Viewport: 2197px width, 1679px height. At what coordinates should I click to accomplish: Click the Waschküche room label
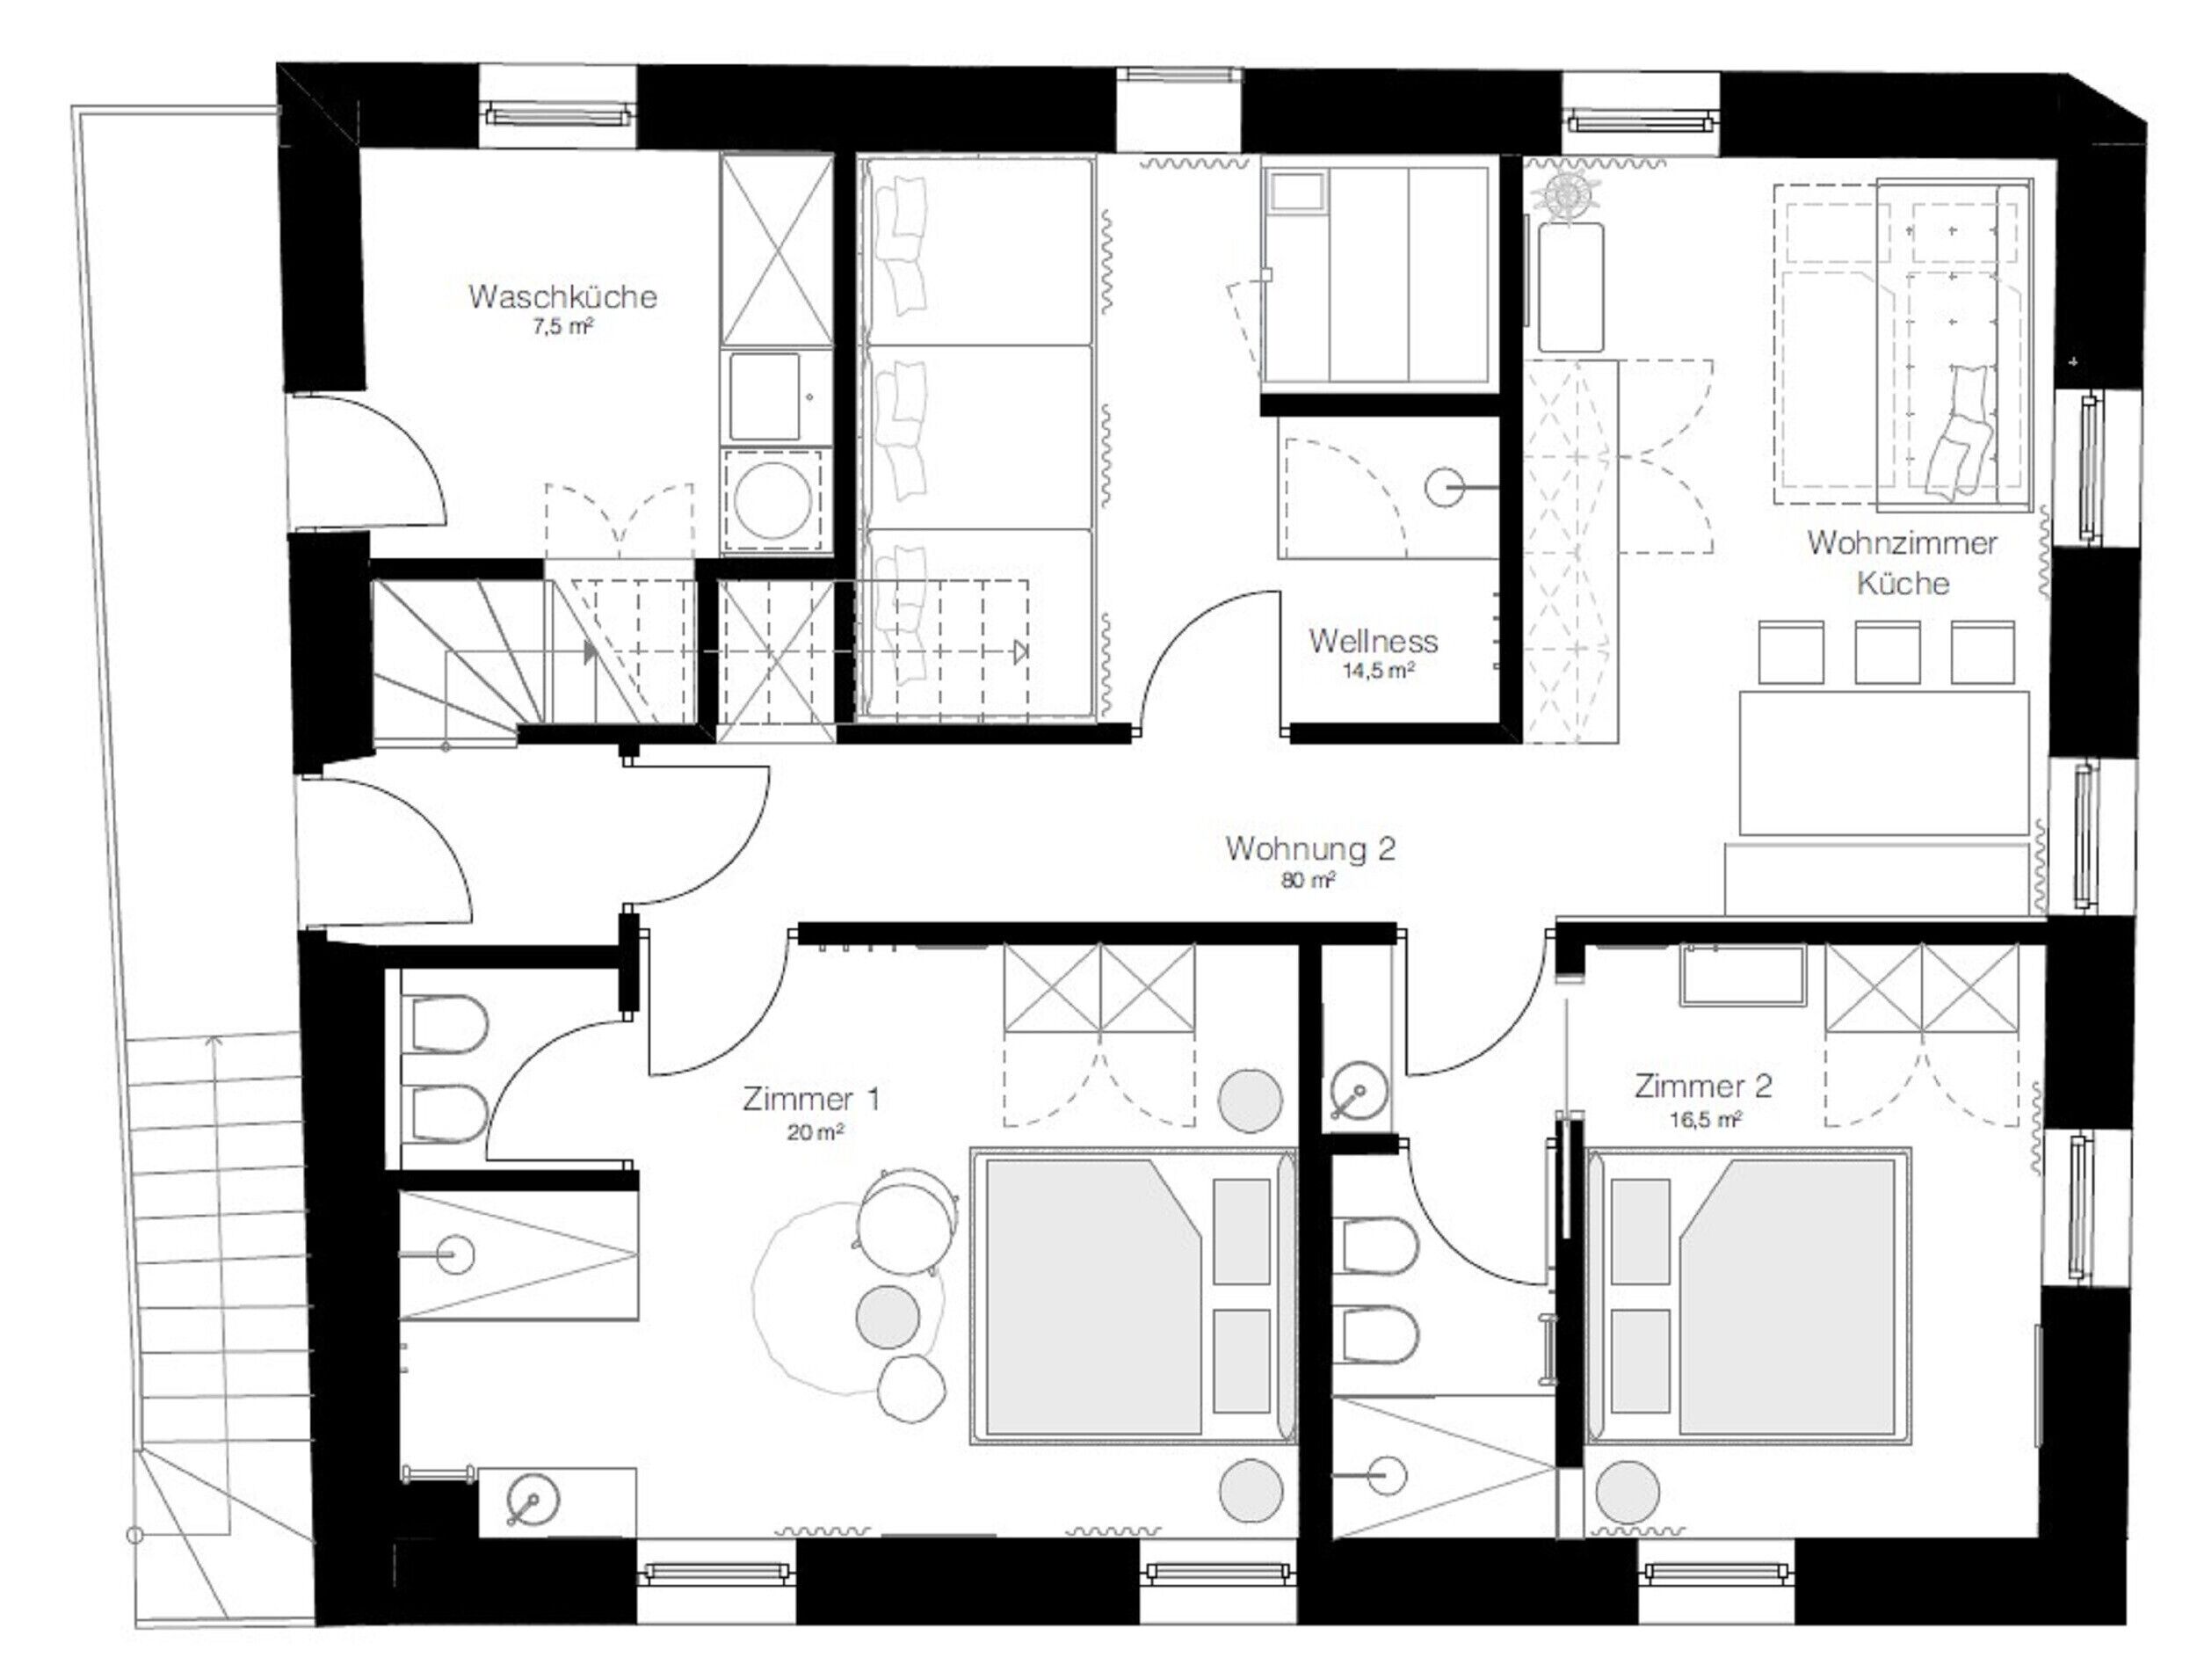(562, 296)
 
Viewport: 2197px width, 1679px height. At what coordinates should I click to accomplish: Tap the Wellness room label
(1373, 641)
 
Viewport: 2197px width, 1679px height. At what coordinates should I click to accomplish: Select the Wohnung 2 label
(1309, 848)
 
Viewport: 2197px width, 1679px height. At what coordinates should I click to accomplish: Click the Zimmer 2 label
(1703, 1086)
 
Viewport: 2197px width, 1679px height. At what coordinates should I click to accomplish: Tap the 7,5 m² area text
(563, 327)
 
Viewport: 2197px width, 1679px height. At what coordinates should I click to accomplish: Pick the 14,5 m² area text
(1378, 671)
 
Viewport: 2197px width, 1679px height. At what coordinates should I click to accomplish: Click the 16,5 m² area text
(1706, 1119)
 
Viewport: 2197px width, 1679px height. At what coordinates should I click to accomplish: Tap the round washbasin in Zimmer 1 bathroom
(533, 1501)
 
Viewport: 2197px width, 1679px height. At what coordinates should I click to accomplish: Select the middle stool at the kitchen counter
(1886, 652)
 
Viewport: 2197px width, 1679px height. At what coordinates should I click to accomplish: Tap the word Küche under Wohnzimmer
(1903, 584)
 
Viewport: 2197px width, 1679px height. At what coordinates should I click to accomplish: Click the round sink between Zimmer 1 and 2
(1359, 1092)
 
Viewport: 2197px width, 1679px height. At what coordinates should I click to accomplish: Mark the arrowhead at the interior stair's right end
(1019, 652)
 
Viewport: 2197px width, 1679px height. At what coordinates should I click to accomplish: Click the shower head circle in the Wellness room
(1444, 489)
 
